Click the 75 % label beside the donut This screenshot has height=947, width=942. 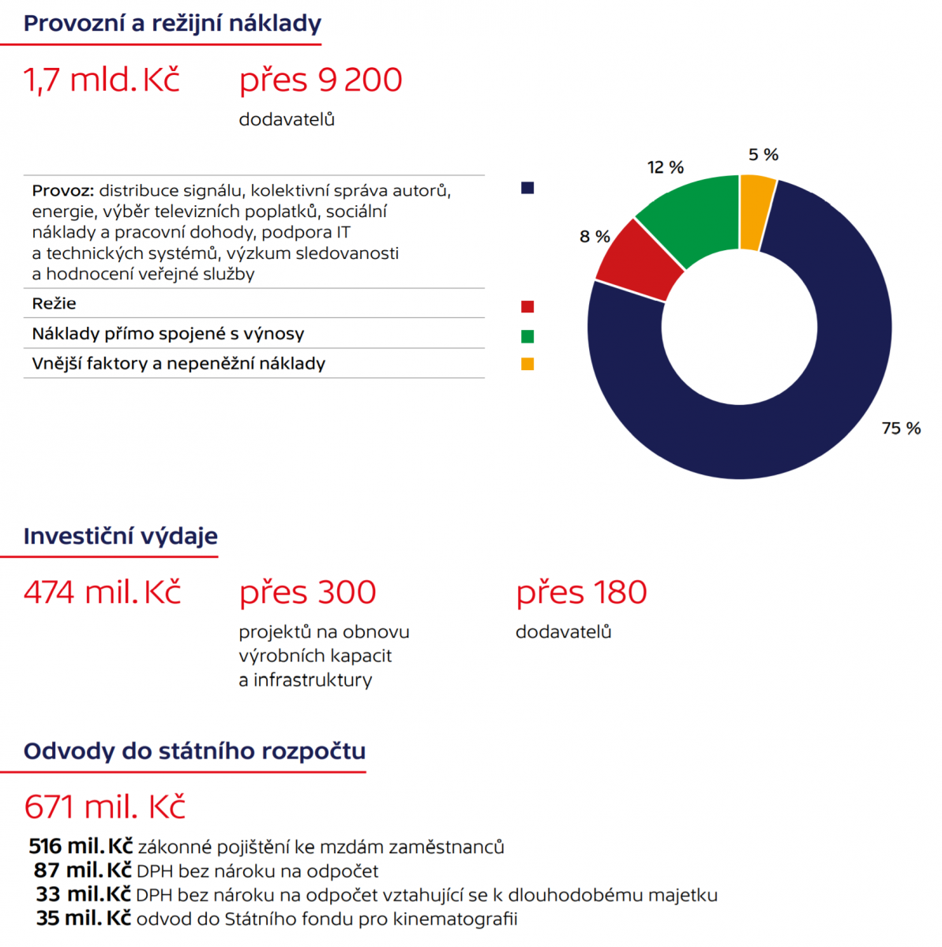pos(901,429)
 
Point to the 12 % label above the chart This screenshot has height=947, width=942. pos(665,167)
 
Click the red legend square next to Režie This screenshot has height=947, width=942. pos(527,307)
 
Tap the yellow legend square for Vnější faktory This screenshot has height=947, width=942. pos(527,364)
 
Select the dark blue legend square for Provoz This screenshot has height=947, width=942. pos(527,188)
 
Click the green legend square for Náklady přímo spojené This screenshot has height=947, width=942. pos(527,336)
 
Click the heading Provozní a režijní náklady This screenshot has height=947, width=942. pos(172,24)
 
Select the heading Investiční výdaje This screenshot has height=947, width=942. pos(120,536)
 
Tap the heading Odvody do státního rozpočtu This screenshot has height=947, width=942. pos(194,750)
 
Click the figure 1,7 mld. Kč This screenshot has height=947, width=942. pos(102,80)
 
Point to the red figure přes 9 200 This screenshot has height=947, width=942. pos(321,80)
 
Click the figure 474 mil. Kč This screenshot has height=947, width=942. pos(103,593)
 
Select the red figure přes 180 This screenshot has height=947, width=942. pos(581,593)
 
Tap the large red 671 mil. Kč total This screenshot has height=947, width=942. pos(104,807)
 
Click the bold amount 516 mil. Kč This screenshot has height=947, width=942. pos(81,847)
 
